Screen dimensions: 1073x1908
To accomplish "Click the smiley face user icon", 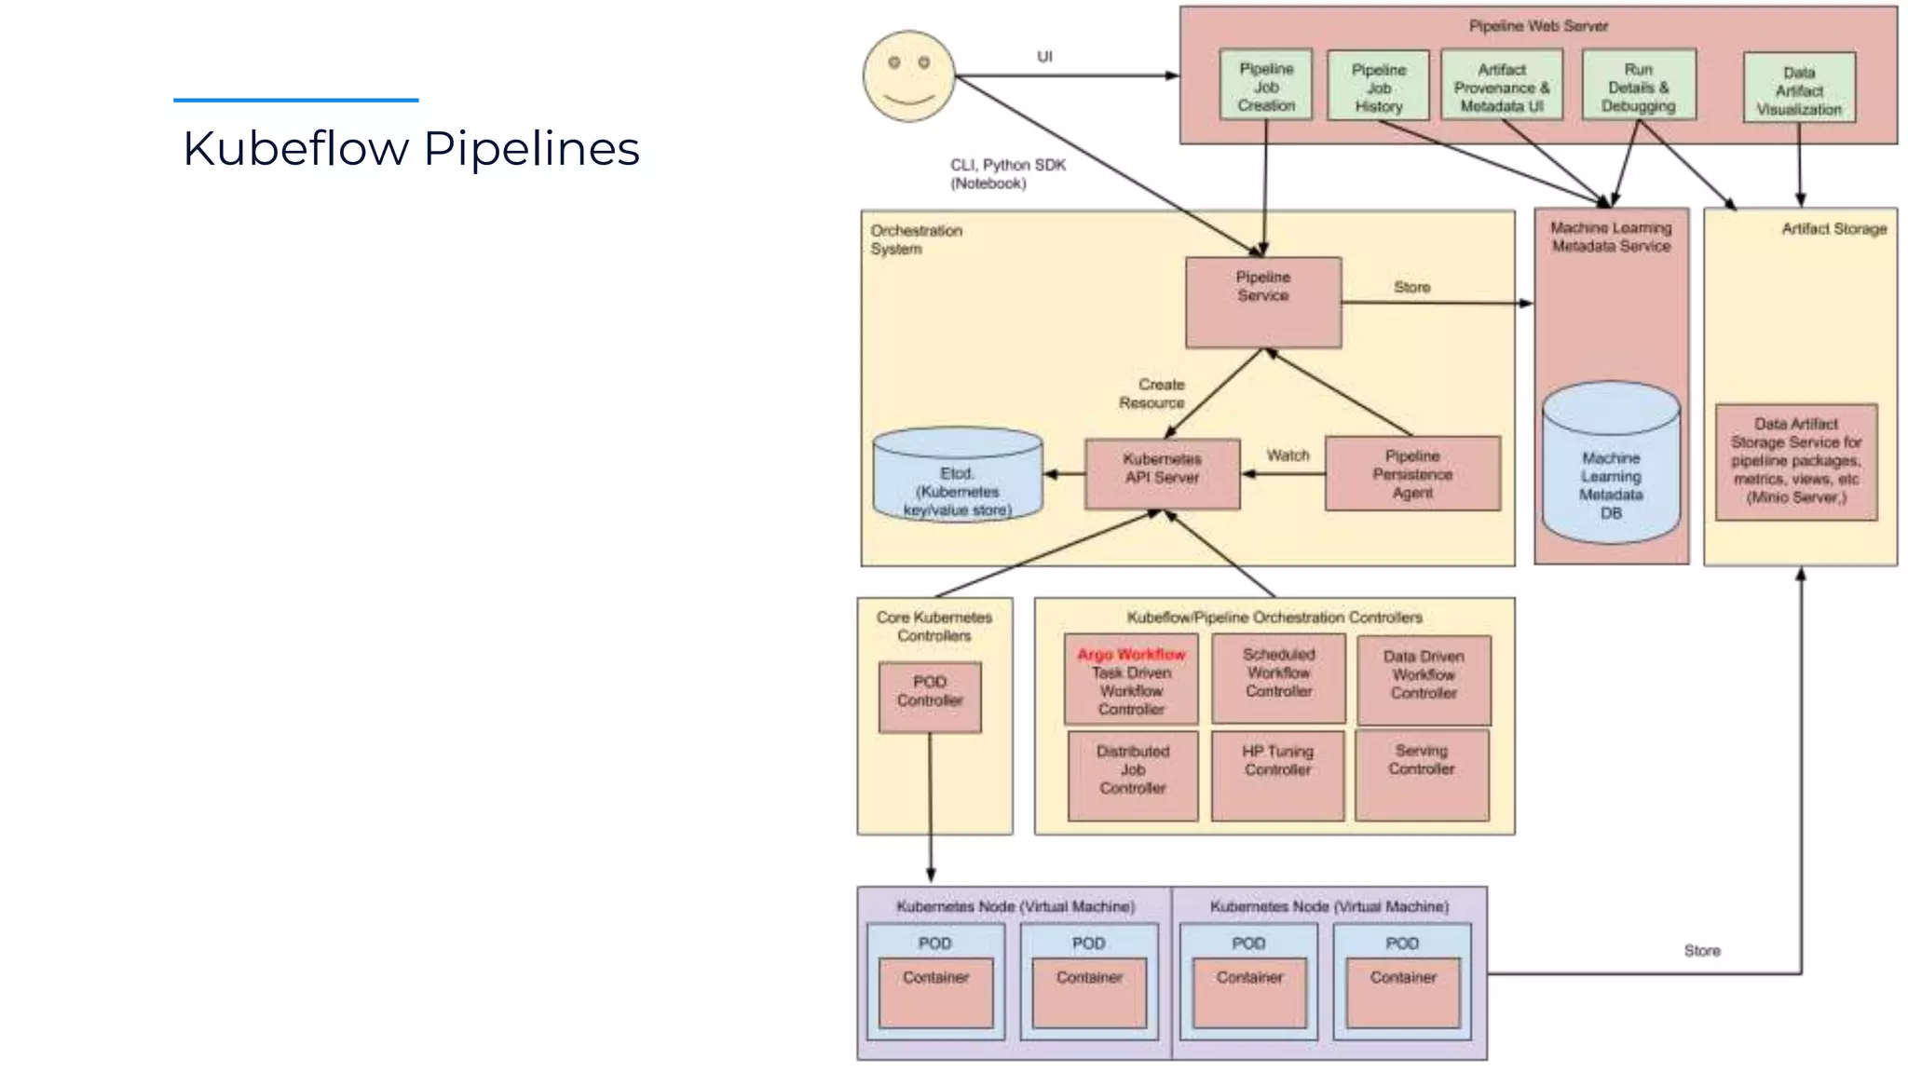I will click(x=908, y=76).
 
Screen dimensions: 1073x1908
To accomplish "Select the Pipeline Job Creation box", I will click(x=1265, y=86).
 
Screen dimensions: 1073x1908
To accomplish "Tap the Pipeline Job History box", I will click(x=1378, y=87).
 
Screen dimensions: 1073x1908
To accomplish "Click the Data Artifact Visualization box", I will click(x=1799, y=89).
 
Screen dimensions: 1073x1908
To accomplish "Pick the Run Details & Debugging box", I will click(x=1638, y=87).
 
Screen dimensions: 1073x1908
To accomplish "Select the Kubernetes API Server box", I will click(x=1162, y=474).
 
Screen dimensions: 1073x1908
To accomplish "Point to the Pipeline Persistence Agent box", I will click(x=1412, y=474).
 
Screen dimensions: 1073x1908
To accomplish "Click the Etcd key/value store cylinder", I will click(x=957, y=476).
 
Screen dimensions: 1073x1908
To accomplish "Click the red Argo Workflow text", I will click(x=1131, y=655).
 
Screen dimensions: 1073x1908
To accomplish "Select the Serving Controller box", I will click(x=1422, y=775).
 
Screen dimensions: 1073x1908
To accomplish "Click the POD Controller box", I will click(x=930, y=697).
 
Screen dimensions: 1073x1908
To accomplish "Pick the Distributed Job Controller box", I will click(x=1132, y=776).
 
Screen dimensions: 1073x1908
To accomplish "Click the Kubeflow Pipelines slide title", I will click(x=411, y=149).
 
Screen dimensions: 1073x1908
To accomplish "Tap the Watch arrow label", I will click(x=1288, y=455).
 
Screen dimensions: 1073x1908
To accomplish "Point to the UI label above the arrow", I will click(x=1044, y=57).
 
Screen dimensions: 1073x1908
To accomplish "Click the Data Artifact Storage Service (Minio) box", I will click(x=1795, y=462).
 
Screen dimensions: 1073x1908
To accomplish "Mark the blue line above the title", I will click(x=295, y=100).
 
